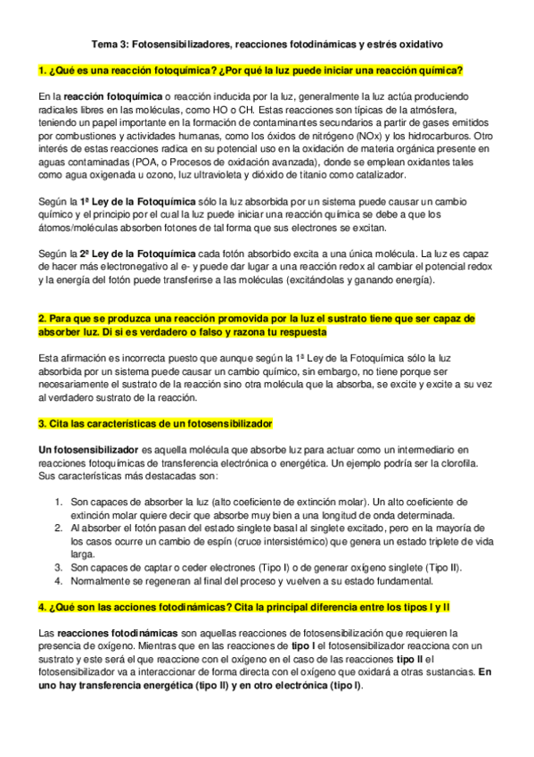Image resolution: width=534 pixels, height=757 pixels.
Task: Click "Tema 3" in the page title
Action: (112, 43)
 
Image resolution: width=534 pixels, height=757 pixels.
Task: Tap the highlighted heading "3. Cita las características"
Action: (155, 422)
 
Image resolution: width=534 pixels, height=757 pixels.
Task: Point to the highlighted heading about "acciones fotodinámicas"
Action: (245, 607)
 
